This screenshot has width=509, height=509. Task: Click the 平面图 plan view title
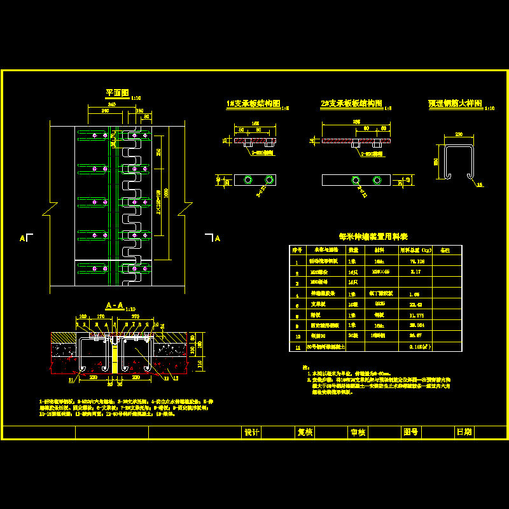(117, 93)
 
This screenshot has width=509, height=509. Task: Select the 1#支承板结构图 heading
(253, 104)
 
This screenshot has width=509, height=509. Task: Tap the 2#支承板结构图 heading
(351, 104)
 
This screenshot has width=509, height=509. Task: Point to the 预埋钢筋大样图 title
(454, 103)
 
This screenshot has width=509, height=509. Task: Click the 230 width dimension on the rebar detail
(457, 134)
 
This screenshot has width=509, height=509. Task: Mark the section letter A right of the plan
(217, 239)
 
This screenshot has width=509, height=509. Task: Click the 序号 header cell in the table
(296, 250)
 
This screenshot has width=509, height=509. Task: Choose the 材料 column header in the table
(379, 250)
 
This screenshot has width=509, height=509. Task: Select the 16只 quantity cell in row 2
(353, 272)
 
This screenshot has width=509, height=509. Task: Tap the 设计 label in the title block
(252, 432)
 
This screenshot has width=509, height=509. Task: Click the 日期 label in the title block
(464, 432)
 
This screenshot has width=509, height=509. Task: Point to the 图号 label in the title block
(410, 432)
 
